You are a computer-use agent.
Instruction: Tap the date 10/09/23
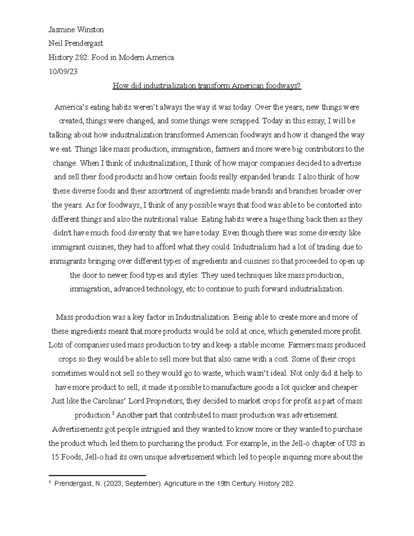pos(63,72)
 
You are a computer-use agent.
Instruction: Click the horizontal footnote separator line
pos(98,475)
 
